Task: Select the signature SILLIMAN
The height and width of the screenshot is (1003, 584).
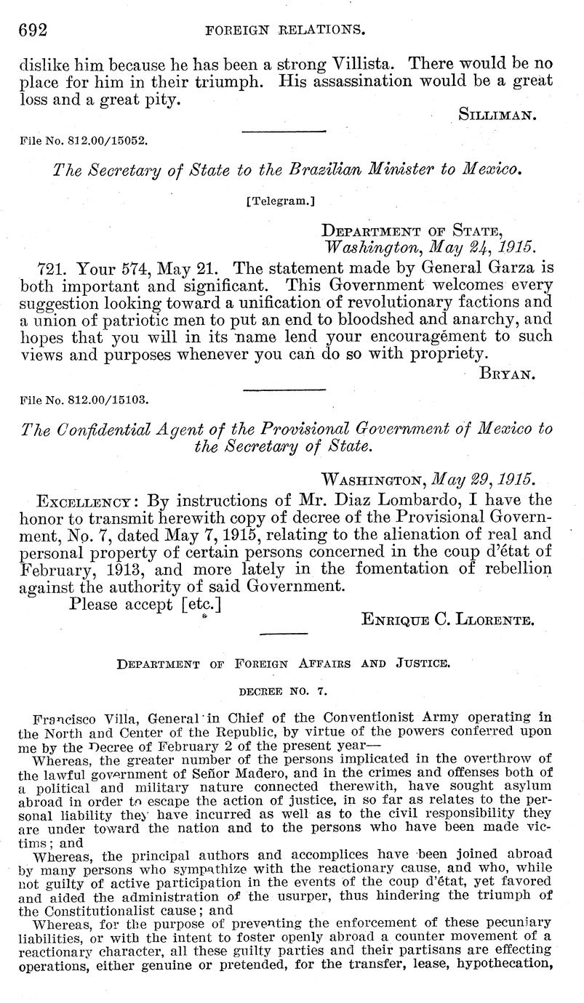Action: coord(498,113)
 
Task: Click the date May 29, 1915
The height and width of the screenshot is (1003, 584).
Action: coord(482,480)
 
